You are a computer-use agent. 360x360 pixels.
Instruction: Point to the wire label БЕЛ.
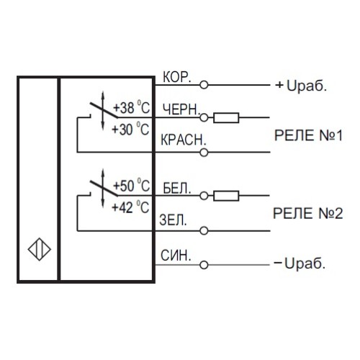pyautogui.click(x=177, y=189)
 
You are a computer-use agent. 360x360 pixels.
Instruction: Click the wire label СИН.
pyautogui.click(x=176, y=256)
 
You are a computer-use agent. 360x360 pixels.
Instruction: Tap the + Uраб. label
pyautogui.click(x=301, y=85)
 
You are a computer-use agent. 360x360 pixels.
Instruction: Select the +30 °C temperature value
pyautogui.click(x=134, y=129)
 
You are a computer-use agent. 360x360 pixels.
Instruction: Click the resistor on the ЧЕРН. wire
pyautogui.click(x=227, y=117)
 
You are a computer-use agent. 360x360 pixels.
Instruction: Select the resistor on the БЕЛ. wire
pyautogui.click(x=227, y=195)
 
